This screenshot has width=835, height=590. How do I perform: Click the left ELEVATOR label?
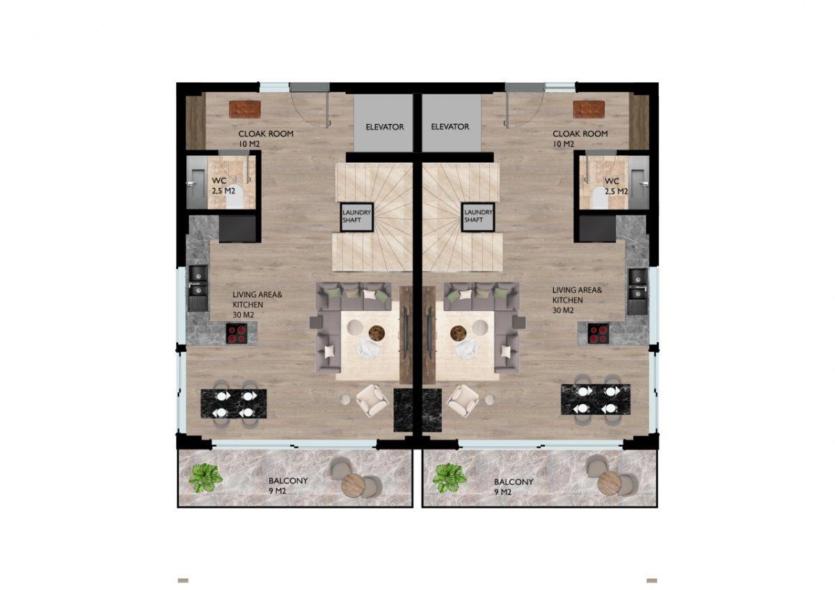click(385, 127)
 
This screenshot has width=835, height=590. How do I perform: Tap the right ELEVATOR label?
click(450, 127)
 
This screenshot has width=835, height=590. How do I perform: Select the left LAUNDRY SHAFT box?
click(357, 217)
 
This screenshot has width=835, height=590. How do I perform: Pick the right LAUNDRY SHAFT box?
click(478, 216)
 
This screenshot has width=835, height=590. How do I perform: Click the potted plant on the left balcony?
click(205, 478)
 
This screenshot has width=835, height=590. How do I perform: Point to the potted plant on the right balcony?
click(450, 478)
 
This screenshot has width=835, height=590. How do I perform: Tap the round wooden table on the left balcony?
click(353, 484)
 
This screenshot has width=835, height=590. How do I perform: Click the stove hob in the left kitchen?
click(237, 333)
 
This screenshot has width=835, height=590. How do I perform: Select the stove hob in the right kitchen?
click(598, 333)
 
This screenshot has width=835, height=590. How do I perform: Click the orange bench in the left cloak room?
click(245, 109)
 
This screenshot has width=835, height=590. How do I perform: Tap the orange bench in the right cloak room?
click(589, 109)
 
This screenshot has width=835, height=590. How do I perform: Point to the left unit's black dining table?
click(234, 404)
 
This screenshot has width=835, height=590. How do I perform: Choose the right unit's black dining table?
click(596, 399)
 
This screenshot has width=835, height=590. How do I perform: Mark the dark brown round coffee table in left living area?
click(377, 332)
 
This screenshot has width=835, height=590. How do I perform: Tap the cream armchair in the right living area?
click(462, 400)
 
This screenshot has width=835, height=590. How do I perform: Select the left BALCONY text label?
click(288, 481)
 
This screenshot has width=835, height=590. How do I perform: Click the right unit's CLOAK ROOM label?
click(580, 134)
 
